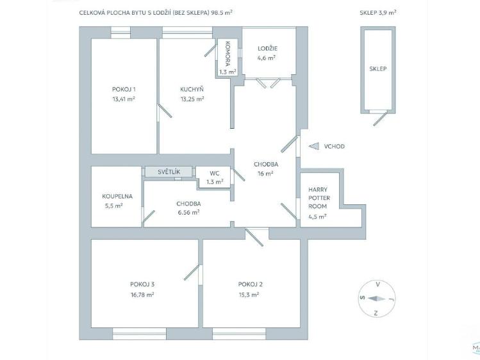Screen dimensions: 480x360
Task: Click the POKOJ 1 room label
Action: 124,89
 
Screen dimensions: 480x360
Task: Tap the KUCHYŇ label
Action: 192,89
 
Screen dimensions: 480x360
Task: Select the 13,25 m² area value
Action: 192,99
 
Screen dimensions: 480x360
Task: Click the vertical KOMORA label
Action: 228,54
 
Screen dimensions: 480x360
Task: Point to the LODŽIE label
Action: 267,48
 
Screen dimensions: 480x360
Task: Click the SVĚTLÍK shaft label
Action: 169,172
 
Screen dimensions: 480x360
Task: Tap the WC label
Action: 215,174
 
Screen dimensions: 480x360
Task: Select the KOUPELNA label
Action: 117,197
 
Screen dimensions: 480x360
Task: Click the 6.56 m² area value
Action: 188,212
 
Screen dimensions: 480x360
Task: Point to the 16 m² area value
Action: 265,174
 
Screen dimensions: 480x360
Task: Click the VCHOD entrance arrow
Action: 314,146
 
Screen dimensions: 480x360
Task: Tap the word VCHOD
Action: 335,146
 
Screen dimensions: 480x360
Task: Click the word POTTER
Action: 319,198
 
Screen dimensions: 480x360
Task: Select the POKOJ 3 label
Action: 142,284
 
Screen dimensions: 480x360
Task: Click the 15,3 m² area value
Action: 249,295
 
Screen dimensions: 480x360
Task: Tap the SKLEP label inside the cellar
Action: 377,69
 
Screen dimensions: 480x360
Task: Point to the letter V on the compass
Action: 378,284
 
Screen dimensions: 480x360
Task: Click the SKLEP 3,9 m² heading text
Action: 378,13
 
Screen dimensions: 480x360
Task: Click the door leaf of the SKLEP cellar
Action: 379,119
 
